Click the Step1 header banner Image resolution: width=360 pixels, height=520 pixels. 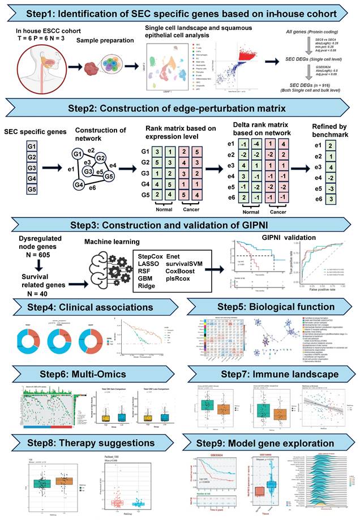[x=180, y=12]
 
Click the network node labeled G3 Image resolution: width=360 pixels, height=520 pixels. [x=88, y=171]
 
